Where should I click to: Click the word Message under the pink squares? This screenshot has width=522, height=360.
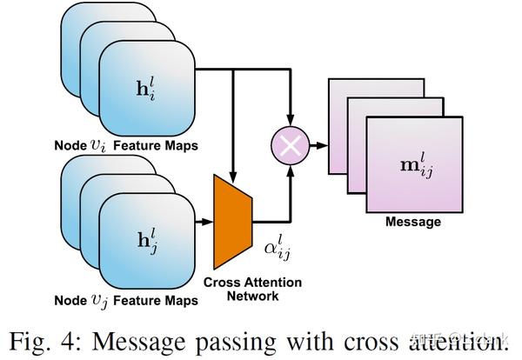tap(412, 222)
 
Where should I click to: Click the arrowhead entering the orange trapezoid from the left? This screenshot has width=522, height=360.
tap(208, 223)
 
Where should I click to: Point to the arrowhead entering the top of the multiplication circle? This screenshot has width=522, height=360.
tap(291, 123)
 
